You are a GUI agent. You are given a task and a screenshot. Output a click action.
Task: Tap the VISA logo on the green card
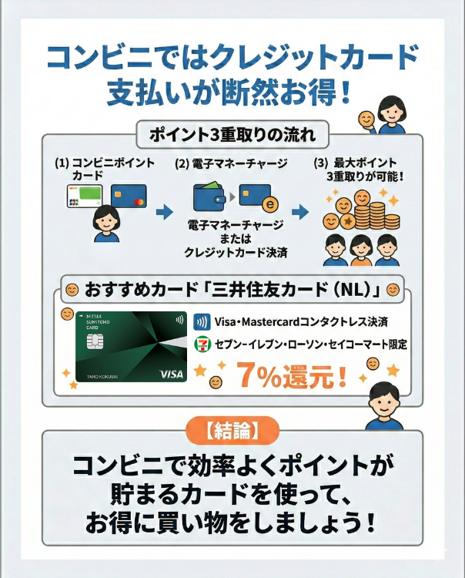pos(172,374)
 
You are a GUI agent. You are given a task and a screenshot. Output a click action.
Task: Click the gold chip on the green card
pos(95,341)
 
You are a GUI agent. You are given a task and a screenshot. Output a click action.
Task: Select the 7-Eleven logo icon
pos(202,344)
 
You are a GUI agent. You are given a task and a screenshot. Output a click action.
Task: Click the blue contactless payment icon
pos(202,322)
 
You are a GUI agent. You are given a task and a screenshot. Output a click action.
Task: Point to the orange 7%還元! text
pos(291,375)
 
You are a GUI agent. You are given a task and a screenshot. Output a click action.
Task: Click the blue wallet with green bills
pos(209,197)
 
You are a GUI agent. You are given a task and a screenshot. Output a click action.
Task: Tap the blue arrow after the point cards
pos(164,212)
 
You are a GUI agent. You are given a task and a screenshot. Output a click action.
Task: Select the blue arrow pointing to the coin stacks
pos(300,212)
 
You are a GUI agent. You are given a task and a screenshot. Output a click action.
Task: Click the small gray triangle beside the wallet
pos(232,197)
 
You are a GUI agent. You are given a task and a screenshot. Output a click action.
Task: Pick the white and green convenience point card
pos(85,197)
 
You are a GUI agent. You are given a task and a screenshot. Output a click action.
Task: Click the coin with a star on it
pos(347,221)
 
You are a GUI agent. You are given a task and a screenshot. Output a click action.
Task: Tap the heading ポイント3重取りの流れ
pos(232,135)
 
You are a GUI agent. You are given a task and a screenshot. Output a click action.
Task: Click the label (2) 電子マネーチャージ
pos(231,163)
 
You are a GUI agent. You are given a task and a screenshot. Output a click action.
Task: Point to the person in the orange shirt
pos(360,250)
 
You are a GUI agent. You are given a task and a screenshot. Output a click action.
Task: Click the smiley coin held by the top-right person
pos(366,119)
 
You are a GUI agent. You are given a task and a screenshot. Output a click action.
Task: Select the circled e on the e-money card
pos(270,204)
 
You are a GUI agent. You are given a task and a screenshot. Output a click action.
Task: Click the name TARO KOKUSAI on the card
pos(102,376)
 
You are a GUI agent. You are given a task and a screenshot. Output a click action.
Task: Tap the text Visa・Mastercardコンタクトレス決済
pos(301,322)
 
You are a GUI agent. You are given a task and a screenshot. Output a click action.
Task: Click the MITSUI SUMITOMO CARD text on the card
pos(97,322)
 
